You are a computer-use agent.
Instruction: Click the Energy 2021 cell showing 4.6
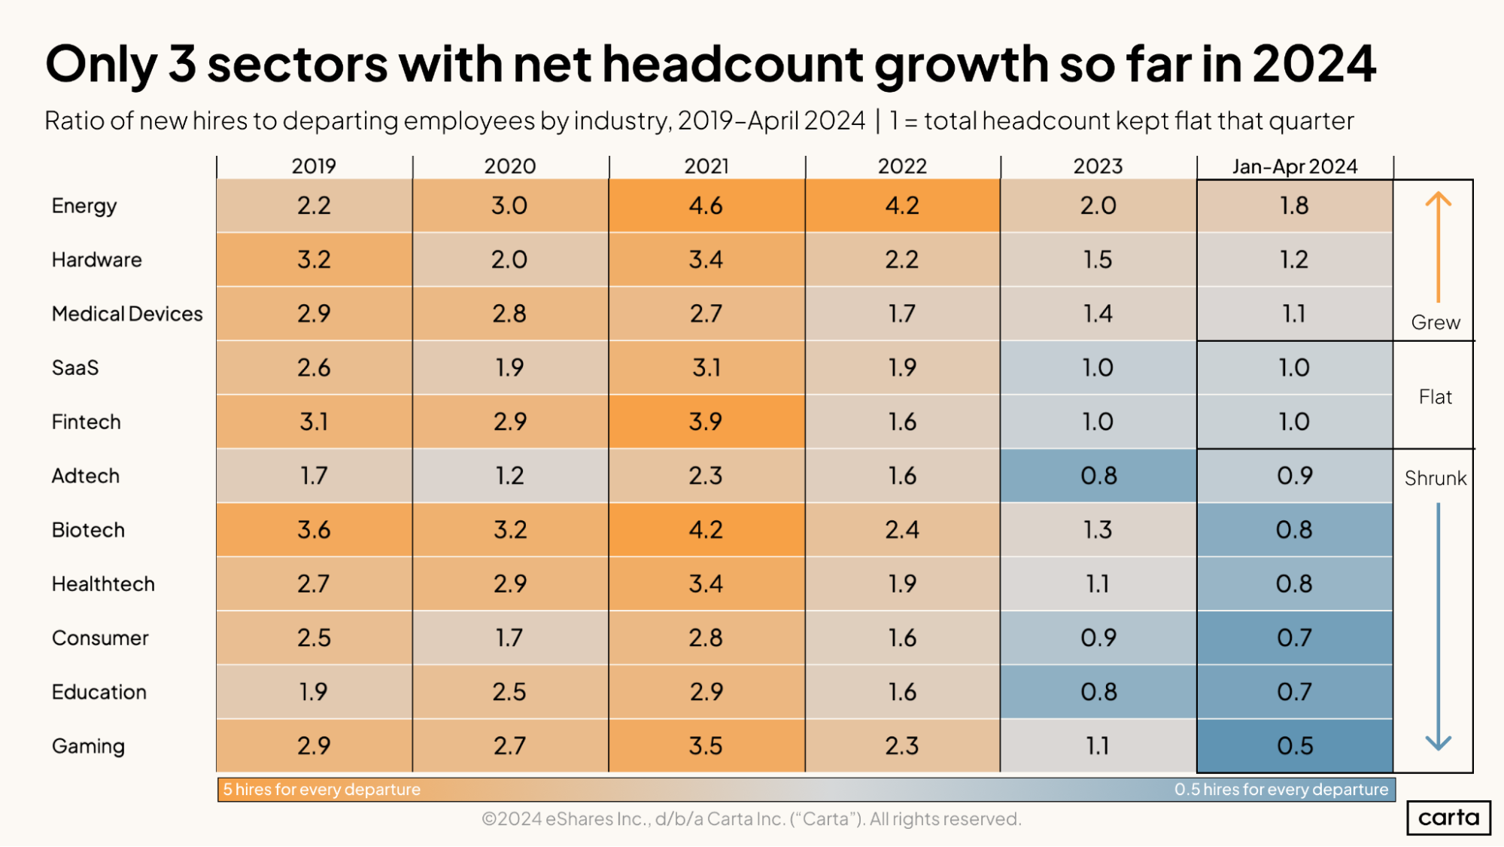tap(706, 206)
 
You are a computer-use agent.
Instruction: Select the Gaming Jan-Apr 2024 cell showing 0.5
tap(1294, 745)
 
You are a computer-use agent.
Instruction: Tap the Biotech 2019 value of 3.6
tap(314, 529)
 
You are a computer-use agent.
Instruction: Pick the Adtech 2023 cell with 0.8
tap(1098, 475)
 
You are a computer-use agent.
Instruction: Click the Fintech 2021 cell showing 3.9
tap(706, 422)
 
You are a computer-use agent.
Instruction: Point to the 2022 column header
tap(902, 166)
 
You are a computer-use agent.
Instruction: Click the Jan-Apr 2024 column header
tap(1294, 166)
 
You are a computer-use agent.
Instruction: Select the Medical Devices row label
tap(127, 314)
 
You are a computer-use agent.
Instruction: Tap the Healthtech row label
tap(103, 584)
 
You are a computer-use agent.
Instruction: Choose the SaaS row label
tap(75, 368)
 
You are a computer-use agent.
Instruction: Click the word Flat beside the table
tap(1435, 397)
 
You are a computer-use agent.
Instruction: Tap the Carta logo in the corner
tap(1448, 818)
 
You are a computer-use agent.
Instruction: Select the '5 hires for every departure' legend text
tap(322, 789)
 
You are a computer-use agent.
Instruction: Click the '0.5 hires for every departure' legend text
tap(1281, 789)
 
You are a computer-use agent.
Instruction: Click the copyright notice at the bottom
tap(751, 818)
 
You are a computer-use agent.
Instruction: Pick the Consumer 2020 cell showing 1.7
tap(509, 638)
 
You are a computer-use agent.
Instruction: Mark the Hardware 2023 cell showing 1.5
tap(1098, 260)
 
